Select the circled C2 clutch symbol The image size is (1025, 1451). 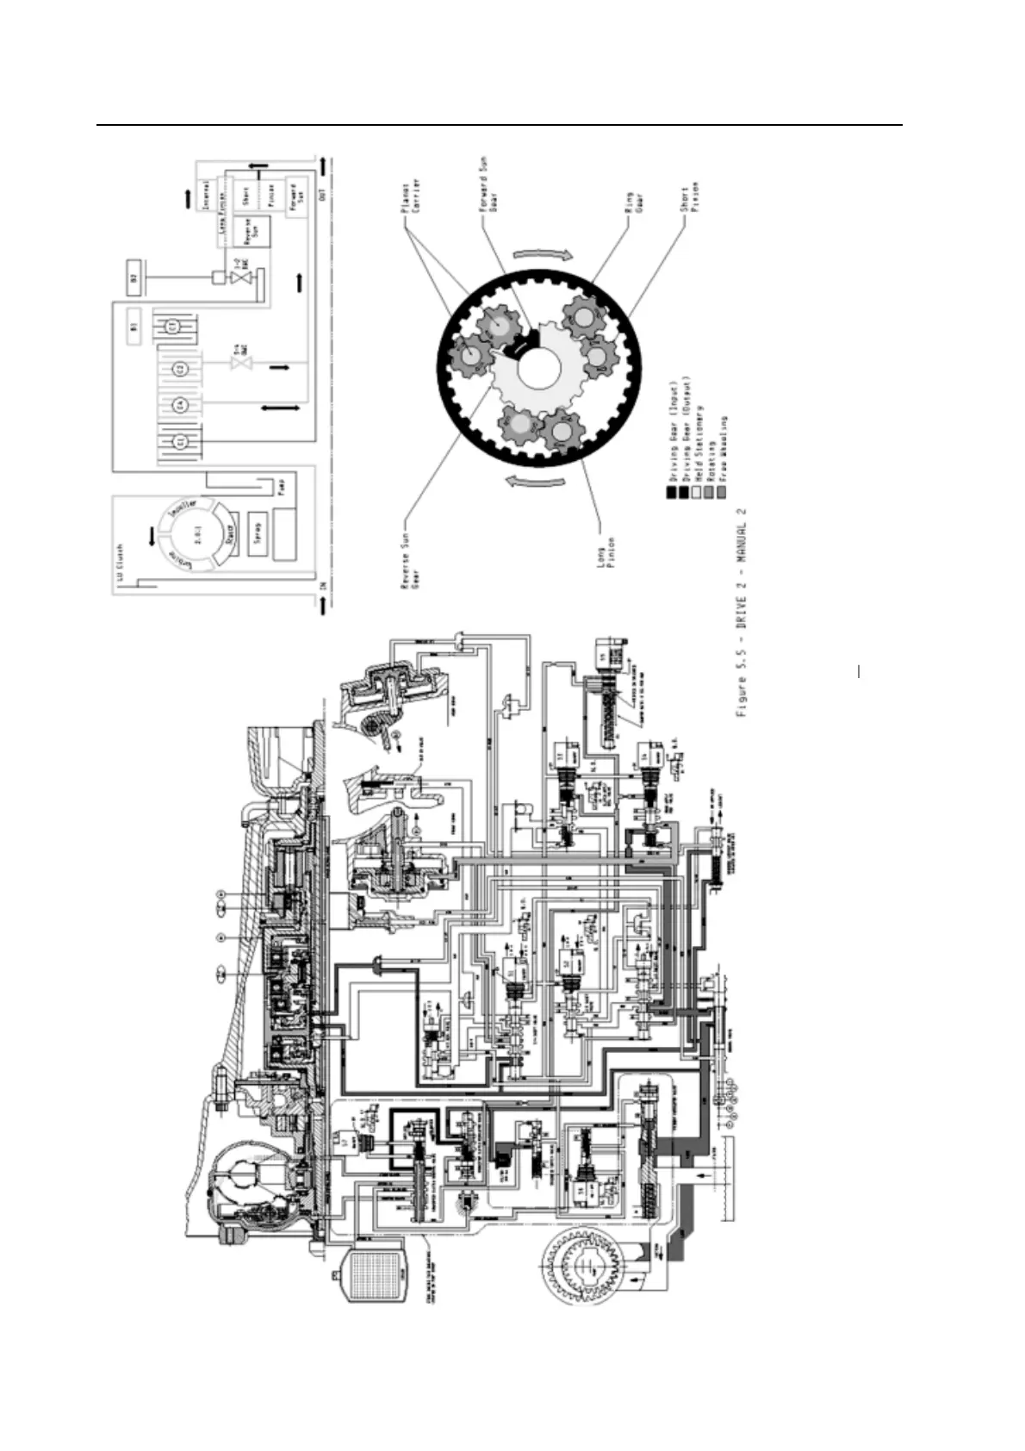click(x=181, y=370)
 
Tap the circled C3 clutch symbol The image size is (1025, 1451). click(x=172, y=327)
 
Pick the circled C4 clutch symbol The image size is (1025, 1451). click(x=181, y=404)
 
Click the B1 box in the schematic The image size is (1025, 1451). click(x=134, y=327)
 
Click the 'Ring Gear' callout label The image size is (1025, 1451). click(x=645, y=200)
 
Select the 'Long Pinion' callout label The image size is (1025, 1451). click(x=606, y=557)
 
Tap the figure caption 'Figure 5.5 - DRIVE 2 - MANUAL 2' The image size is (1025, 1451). click(x=742, y=613)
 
